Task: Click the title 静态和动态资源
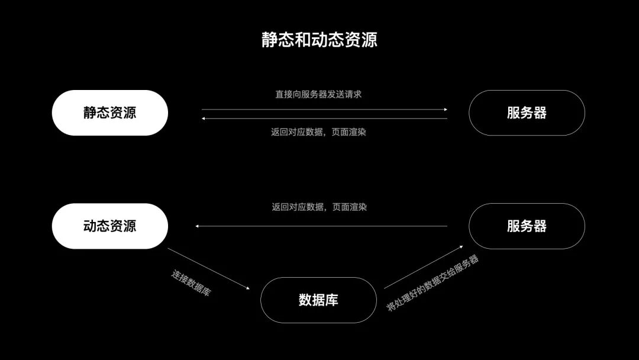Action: [x=319, y=40]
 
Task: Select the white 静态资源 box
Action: [x=110, y=112]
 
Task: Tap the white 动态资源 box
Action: [x=110, y=226]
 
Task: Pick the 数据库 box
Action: [x=318, y=300]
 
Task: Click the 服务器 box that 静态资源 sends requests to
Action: [x=527, y=112]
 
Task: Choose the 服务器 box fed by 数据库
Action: [x=527, y=226]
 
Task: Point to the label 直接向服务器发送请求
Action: [x=318, y=94]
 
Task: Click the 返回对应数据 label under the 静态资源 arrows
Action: [x=318, y=132]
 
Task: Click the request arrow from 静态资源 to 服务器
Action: [x=324, y=110]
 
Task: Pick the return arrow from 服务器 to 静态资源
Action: [x=324, y=118]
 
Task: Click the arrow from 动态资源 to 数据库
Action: [x=208, y=269]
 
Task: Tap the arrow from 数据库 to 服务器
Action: [x=424, y=267]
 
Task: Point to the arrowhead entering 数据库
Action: [x=247, y=288]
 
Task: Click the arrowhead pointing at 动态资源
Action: [x=198, y=226]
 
